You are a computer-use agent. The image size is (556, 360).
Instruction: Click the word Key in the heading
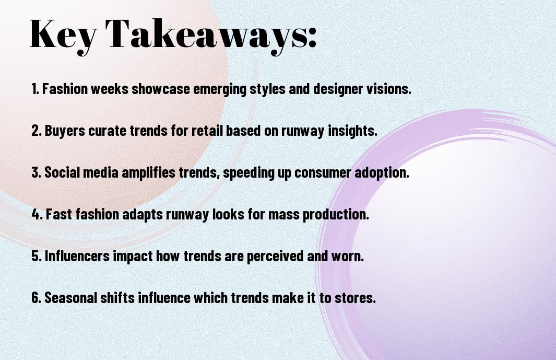[62, 34]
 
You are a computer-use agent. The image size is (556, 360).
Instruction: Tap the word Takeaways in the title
[211, 34]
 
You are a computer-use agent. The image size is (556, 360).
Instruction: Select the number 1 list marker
[35, 89]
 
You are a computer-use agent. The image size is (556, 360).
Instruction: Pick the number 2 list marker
[36, 131]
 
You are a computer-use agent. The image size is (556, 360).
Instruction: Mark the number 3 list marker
[36, 173]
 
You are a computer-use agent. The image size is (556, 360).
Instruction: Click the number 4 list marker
[37, 215]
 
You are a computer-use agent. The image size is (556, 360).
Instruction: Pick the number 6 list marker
[36, 298]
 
